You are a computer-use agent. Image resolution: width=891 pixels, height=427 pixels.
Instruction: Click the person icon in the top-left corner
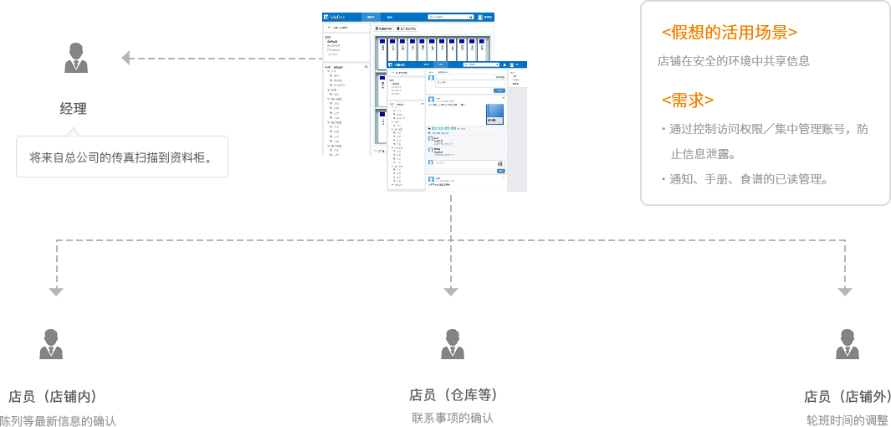point(75,57)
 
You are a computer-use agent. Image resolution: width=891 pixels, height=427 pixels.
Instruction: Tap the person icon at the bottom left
point(50,343)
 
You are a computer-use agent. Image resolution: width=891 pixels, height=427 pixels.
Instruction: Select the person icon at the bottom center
point(452,343)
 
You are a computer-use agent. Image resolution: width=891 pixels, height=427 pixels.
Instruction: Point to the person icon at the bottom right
point(847,343)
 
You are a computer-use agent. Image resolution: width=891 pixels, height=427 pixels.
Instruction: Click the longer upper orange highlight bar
point(740,29)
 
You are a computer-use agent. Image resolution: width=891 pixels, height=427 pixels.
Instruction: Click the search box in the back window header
point(450,16)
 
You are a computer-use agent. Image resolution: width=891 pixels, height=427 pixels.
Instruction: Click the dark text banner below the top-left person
point(121,157)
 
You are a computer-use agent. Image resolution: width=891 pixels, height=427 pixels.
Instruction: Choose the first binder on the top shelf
point(382,52)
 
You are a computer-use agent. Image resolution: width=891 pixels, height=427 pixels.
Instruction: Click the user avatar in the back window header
point(480,16)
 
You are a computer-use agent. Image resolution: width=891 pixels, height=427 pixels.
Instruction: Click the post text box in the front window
point(465,83)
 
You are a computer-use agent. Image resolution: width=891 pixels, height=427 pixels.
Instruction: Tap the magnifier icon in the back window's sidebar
point(366,66)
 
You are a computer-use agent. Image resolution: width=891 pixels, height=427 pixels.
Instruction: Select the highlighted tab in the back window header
point(371,16)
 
